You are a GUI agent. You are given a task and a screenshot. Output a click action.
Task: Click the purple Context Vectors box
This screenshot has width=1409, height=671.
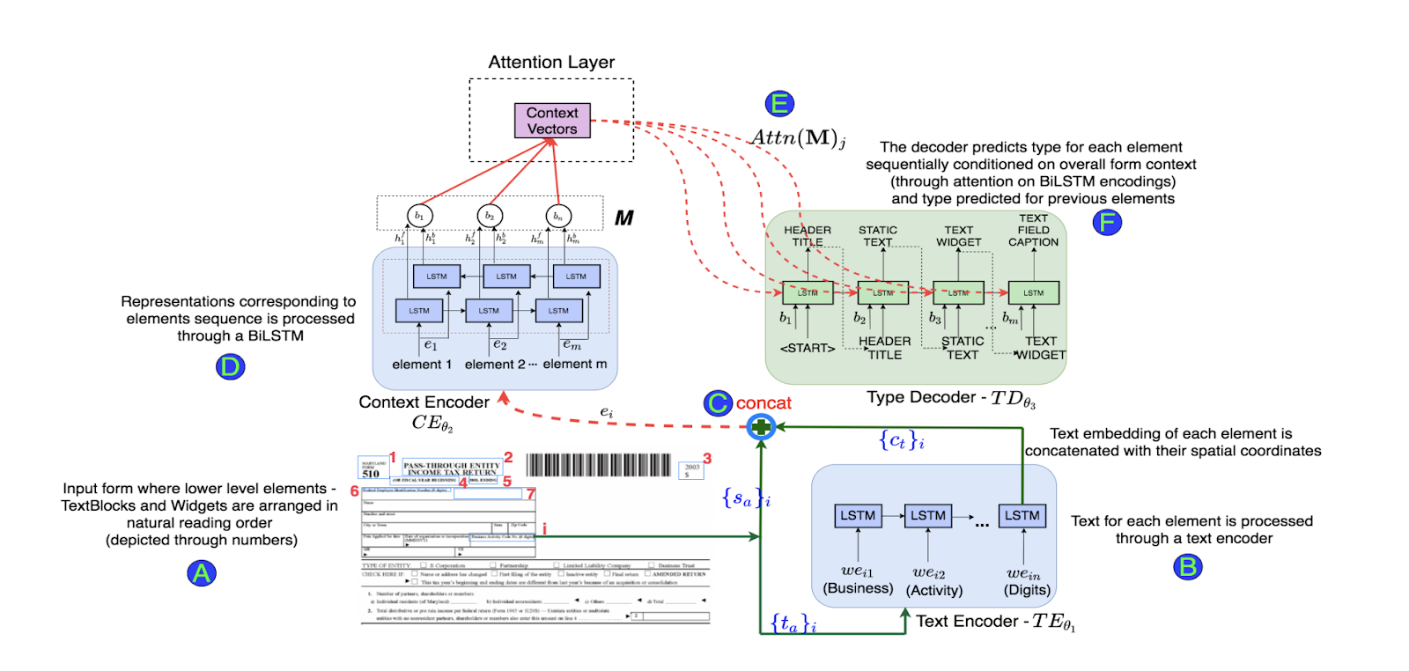552,121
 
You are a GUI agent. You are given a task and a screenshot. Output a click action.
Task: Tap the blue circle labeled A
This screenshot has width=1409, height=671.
202,573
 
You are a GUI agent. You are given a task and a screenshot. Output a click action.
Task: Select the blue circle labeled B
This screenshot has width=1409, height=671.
1188,566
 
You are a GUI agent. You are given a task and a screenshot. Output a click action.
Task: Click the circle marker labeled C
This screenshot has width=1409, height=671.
718,403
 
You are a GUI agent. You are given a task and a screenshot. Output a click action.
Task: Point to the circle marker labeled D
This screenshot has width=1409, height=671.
230,366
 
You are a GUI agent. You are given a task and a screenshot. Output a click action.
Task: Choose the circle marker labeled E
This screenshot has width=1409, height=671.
779,103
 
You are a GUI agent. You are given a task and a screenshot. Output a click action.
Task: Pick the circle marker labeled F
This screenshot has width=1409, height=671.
1107,222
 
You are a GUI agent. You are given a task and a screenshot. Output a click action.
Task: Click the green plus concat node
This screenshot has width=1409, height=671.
761,427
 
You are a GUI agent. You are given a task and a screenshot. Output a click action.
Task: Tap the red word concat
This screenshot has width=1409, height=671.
764,403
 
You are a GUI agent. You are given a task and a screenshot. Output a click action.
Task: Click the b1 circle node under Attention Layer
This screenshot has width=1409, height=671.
419,216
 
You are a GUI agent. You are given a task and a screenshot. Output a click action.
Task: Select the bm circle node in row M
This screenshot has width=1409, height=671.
558,216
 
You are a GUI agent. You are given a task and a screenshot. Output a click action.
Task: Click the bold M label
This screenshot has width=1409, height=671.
623,218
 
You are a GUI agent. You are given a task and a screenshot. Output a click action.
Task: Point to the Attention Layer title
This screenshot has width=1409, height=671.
551,63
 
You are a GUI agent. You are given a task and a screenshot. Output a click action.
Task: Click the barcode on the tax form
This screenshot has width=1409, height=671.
599,465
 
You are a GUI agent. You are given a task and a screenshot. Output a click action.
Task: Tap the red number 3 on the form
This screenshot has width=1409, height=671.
707,459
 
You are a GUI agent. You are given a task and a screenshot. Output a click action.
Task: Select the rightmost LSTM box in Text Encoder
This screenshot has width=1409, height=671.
1022,515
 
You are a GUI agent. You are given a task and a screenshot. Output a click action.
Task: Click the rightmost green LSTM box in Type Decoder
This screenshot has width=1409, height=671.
1033,293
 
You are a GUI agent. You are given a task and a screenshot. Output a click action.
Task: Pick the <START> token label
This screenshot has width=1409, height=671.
808,348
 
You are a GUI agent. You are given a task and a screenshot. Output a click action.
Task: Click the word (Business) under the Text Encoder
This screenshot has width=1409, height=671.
858,588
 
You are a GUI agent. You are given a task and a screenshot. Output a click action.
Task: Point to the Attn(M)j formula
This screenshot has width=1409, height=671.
798,138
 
